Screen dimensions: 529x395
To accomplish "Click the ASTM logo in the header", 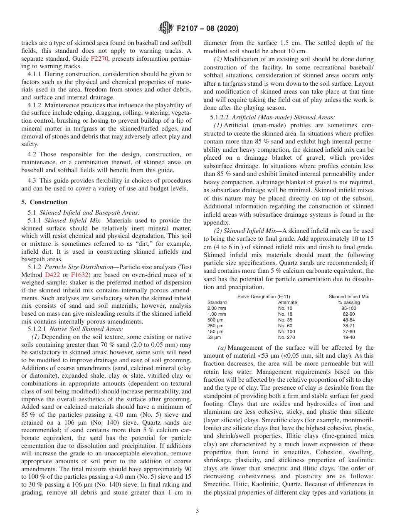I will coord(166,29).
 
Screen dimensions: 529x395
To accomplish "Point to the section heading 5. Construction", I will coord(44,202).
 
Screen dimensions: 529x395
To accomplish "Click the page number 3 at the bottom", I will coord(197,511).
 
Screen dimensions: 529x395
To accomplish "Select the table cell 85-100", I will coord(348,308).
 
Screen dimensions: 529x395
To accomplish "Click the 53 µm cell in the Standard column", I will coord(214,337).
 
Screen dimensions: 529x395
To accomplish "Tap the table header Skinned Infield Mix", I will coord(348,297).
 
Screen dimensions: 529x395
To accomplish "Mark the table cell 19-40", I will coord(348,337).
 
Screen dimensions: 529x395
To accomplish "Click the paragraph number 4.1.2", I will coord(36,105).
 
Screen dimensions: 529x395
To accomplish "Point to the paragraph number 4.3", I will coord(33,180).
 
